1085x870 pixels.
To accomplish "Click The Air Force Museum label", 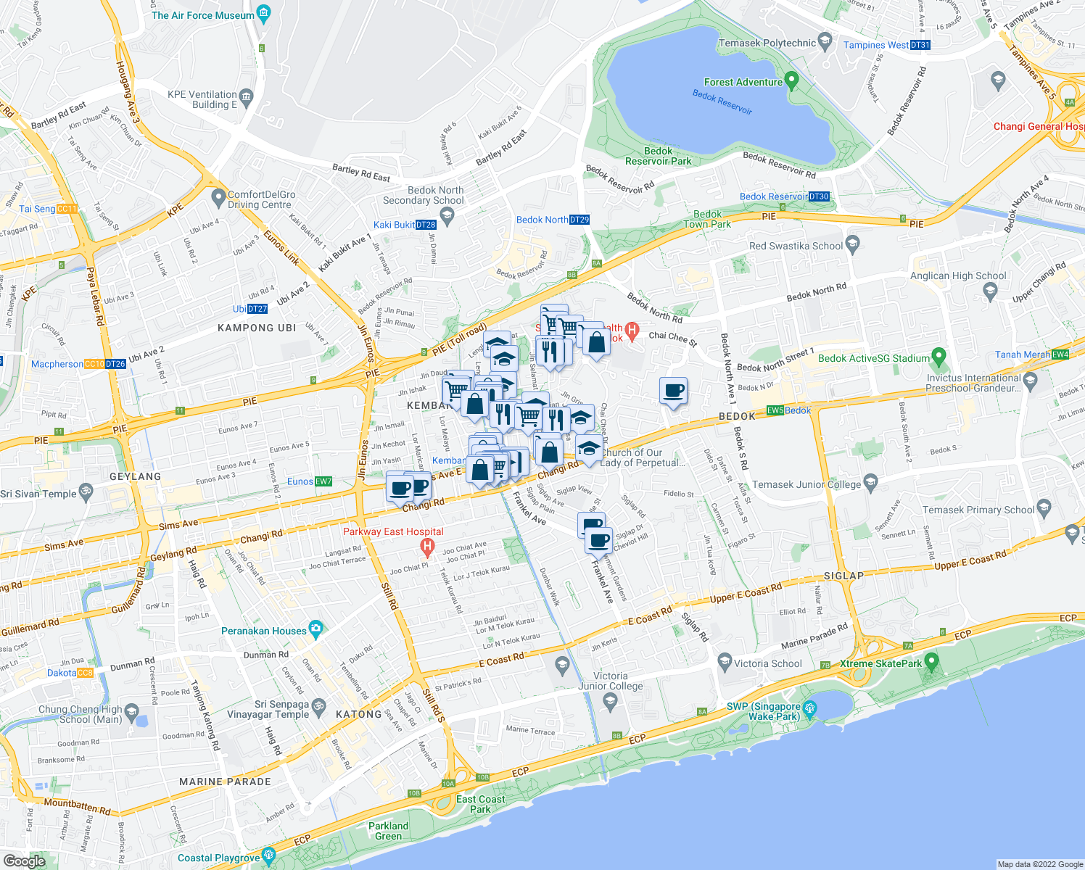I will pos(203,15).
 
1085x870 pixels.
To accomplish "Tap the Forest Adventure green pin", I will pos(792,80).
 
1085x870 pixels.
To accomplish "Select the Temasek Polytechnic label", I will pos(767,43).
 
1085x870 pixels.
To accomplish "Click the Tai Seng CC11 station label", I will pos(48,209).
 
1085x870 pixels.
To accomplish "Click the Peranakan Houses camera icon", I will pos(315,629).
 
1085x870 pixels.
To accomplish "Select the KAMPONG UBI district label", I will pos(257,328).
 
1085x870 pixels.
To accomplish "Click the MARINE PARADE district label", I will pos(225,782).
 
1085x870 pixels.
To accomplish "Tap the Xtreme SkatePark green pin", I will pos(932,661).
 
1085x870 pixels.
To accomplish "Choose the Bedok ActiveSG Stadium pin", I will pos(940,357).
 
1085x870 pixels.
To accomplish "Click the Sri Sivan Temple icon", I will pos(86,492).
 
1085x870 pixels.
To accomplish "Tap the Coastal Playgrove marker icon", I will pos(269,856).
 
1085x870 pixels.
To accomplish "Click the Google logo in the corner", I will pos(24,861).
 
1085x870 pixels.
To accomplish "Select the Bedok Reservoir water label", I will pos(722,101).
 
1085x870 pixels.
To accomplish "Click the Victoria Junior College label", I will pos(611,681).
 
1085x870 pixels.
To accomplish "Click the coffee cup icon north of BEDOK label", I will pos(674,391).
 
